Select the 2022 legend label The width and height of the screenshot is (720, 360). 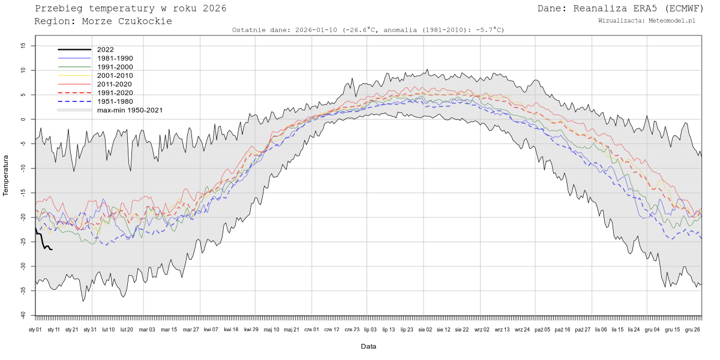[105, 50]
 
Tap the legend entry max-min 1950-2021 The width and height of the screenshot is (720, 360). [130, 110]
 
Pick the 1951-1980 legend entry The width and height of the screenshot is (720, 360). [115, 101]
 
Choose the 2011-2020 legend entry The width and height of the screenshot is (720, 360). [115, 84]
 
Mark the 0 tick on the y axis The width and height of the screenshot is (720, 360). [23, 119]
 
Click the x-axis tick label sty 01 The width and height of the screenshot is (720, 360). [35, 329]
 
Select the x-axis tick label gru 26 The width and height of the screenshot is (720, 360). [693, 329]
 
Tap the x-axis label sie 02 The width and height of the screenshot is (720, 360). [425, 329]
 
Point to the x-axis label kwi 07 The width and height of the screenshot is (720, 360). [211, 329]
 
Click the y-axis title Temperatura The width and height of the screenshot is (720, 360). [7, 175]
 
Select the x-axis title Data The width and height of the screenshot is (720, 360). [368, 347]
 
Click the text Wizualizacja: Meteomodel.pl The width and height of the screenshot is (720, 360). [647, 20]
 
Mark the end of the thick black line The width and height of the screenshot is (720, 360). [52, 250]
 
